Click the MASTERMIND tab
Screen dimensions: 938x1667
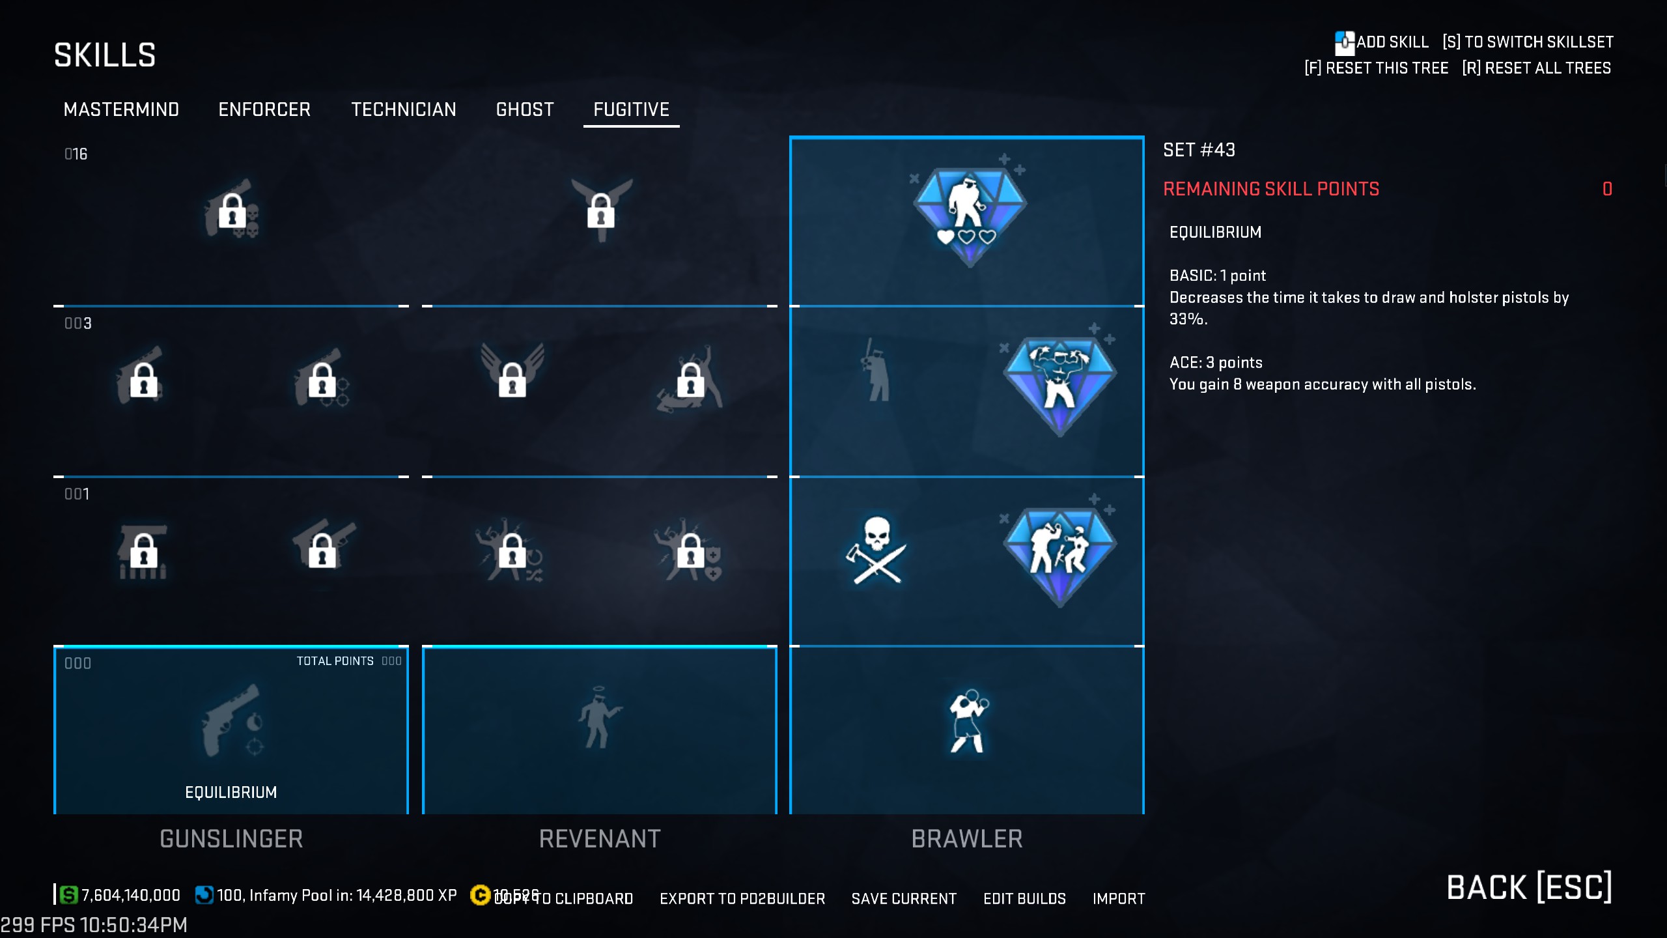(x=121, y=109)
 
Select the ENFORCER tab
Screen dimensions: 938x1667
(x=264, y=109)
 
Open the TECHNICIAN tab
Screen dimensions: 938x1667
(x=404, y=109)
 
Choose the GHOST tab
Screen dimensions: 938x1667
(x=525, y=109)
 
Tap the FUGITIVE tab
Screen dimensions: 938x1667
(x=631, y=109)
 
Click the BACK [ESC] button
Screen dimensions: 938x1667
(x=1529, y=887)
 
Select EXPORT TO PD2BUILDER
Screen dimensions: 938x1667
(x=742, y=899)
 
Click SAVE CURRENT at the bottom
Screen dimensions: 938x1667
(x=904, y=899)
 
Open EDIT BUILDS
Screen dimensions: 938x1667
(x=1024, y=899)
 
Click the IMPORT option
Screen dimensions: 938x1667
(x=1119, y=899)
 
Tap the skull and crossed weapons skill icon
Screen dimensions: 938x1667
(x=876, y=551)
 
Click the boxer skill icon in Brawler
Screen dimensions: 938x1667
(x=968, y=722)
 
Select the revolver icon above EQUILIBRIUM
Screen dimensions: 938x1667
(x=231, y=720)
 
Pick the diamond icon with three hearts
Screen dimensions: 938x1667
(x=969, y=215)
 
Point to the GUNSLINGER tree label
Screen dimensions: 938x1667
(x=231, y=839)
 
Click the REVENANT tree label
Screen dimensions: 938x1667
(x=600, y=839)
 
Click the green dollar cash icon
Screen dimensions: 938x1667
(x=68, y=895)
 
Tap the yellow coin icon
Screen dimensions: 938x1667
(x=480, y=896)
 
